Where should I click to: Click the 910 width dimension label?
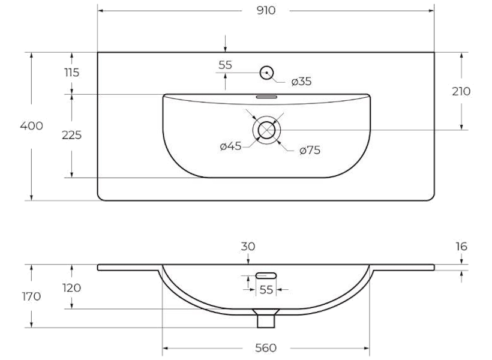[x=266, y=10]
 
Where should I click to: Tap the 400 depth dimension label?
[x=31, y=126]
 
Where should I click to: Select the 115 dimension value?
[x=72, y=73]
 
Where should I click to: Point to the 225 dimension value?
[x=71, y=135]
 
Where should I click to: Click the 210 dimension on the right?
[x=461, y=91]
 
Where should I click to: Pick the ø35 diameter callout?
[x=301, y=82]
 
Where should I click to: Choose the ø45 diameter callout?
[x=230, y=146]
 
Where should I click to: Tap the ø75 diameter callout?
[x=310, y=151]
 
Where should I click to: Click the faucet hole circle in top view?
[x=267, y=73]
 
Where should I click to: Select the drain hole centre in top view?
[x=267, y=130]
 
